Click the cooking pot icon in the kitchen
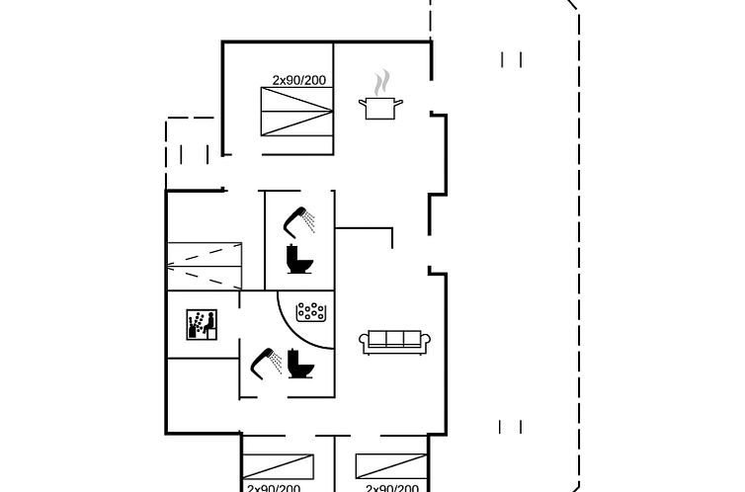380,108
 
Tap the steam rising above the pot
381,83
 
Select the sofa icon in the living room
394,342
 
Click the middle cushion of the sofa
395,339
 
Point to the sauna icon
202,325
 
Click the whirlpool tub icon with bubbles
310,312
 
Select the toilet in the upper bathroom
299,259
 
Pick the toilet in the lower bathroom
300,364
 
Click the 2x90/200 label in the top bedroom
299,80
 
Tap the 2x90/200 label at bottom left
274,488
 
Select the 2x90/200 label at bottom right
392,488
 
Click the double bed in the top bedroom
297,112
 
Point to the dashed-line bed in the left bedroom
205,266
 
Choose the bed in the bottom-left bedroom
278,466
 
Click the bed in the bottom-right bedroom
391,466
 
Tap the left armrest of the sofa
365,343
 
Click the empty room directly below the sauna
203,395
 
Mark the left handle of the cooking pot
363,102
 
